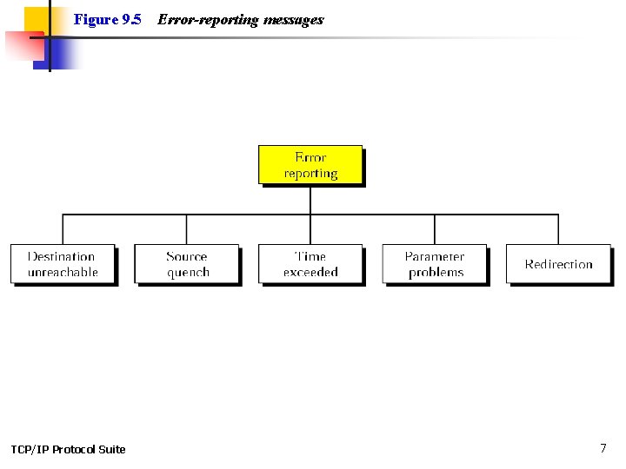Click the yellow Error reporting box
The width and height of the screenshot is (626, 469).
(x=310, y=164)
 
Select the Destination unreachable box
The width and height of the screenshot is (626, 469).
(x=62, y=263)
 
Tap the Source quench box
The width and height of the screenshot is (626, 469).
(x=186, y=263)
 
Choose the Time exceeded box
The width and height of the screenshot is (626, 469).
(x=310, y=263)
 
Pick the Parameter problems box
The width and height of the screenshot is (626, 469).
(x=435, y=263)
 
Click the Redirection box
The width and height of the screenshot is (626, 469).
(x=558, y=263)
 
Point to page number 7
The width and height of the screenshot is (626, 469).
(x=603, y=448)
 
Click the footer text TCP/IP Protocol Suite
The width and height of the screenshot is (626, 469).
(x=68, y=449)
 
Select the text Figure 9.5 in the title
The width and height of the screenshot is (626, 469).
(x=107, y=19)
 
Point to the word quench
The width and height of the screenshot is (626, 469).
(x=188, y=272)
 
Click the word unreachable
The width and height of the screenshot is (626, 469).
(x=63, y=272)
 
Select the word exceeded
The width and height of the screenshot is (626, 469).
(x=310, y=272)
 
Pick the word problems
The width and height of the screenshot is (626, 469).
(x=436, y=272)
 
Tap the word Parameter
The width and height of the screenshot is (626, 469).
(x=435, y=256)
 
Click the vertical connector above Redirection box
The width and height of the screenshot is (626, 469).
(x=558, y=229)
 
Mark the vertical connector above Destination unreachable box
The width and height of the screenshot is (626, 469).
(x=63, y=229)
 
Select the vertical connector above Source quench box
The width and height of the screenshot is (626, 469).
(x=186, y=229)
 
